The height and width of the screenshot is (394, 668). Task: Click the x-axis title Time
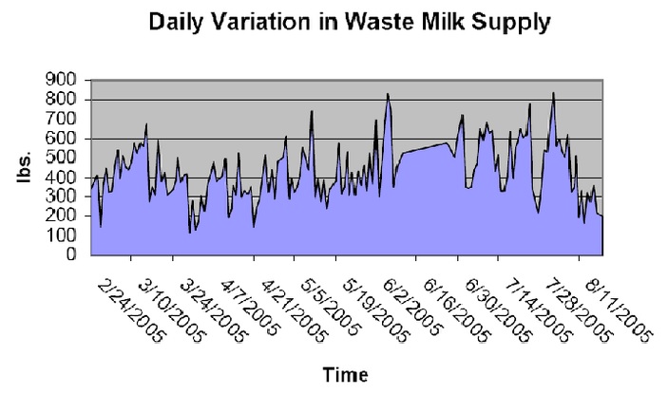point(343,374)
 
